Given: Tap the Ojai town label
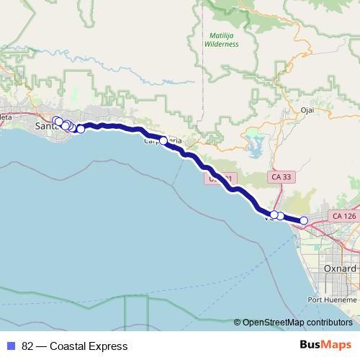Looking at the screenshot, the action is tap(308, 111).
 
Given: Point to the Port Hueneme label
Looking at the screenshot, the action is tap(332, 299).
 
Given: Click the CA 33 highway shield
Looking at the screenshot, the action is tap(282, 176).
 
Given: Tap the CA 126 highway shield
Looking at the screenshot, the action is tap(345, 216).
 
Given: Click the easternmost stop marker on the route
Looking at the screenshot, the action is tap(304, 221).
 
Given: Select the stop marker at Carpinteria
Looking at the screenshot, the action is tap(163, 140).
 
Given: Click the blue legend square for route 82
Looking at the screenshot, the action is tap(11, 346).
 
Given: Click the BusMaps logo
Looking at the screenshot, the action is tap(326, 346).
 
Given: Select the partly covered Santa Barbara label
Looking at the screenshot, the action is tap(45, 127).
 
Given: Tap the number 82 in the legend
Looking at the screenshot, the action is tap(28, 346).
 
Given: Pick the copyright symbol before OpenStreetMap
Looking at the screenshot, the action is tap(238, 323).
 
